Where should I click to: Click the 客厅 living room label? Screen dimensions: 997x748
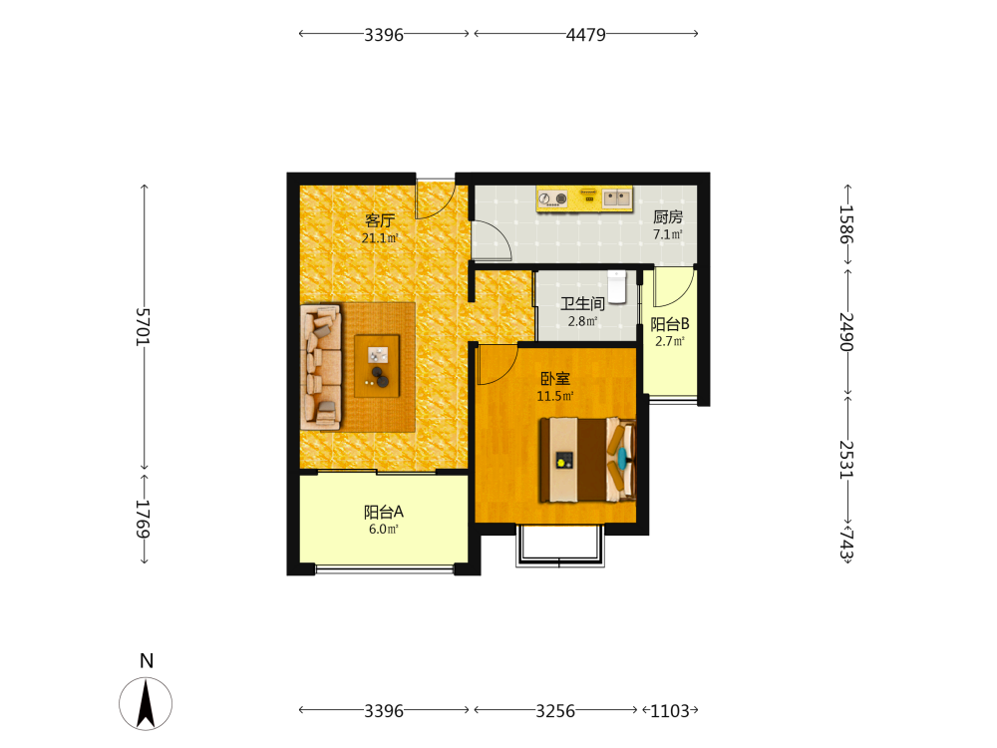380,220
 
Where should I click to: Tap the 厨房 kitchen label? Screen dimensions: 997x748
668,216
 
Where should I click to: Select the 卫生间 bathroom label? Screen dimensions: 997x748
582,303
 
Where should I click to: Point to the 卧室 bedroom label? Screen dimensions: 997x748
555,378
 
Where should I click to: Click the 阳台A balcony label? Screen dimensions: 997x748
384,512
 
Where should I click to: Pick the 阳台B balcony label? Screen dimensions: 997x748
670,324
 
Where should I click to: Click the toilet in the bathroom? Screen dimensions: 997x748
617,287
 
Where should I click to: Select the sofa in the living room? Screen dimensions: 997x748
321,366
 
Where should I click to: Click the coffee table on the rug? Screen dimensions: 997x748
377,366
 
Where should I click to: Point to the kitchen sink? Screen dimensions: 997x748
616,197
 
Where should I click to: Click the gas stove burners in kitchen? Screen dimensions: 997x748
552,199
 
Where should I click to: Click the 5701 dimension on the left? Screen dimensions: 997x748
143,327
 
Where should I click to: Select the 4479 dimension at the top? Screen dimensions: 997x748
585,34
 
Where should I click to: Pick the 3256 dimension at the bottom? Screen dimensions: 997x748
555,710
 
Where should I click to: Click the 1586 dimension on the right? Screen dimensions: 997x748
846,224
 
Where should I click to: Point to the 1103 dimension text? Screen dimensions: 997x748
670,710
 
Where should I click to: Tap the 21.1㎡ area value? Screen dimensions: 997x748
380,238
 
